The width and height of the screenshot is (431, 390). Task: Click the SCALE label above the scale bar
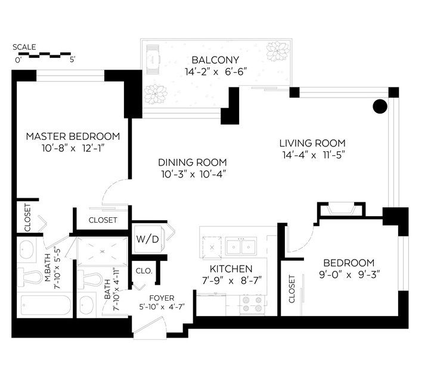pyautogui.click(x=24, y=47)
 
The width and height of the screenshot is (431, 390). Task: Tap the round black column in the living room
pyautogui.click(x=380, y=106)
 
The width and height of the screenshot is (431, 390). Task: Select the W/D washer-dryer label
pyautogui.click(x=148, y=239)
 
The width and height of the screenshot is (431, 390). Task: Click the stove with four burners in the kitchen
pyautogui.click(x=252, y=304)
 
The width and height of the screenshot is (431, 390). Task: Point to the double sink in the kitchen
pyautogui.click(x=241, y=247)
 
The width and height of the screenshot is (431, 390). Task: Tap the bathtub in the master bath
pyautogui.click(x=46, y=305)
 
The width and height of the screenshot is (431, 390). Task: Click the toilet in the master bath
pyautogui.click(x=30, y=277)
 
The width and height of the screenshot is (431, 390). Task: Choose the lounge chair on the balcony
pyautogui.click(x=153, y=59)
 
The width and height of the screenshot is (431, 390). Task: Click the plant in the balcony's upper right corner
pyautogui.click(x=278, y=51)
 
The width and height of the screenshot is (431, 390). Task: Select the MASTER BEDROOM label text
pyautogui.click(x=73, y=136)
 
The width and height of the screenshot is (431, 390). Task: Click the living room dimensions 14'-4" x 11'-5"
pyautogui.click(x=314, y=155)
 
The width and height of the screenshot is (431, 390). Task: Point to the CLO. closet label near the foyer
pyautogui.click(x=144, y=271)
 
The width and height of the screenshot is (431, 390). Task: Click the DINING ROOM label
pyautogui.click(x=193, y=163)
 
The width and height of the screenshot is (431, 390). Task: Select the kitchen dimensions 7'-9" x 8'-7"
pyautogui.click(x=232, y=281)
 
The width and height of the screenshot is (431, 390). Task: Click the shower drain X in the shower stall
pyautogui.click(x=103, y=251)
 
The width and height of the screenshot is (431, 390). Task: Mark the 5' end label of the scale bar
pyautogui.click(x=72, y=60)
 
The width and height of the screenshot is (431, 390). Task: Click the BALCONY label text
pyautogui.click(x=215, y=60)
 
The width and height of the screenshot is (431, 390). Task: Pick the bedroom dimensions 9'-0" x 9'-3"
pyautogui.click(x=349, y=274)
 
